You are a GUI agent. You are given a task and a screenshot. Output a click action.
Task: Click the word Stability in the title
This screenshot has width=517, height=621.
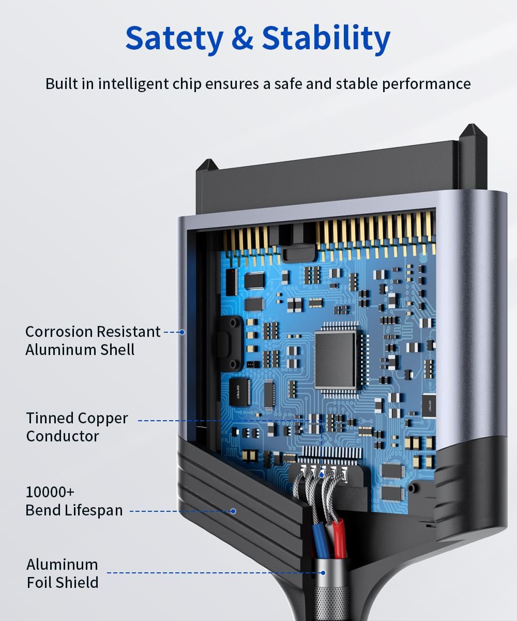pyautogui.click(x=326, y=38)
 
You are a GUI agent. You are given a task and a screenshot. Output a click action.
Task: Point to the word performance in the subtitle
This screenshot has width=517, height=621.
pyautogui.click(x=427, y=84)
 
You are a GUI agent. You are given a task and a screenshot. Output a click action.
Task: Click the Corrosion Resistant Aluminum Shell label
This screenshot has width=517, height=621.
pyautogui.click(x=93, y=341)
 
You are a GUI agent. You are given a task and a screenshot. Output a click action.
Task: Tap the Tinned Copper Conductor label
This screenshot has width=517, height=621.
pyautogui.click(x=77, y=427)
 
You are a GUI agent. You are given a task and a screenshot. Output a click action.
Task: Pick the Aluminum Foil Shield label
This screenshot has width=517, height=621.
pyautogui.click(x=63, y=573)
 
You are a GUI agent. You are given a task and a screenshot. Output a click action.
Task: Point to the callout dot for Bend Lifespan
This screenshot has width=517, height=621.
pyautogui.click(x=233, y=511)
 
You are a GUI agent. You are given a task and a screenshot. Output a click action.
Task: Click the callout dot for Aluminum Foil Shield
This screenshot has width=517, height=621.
pyautogui.click(x=323, y=573)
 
